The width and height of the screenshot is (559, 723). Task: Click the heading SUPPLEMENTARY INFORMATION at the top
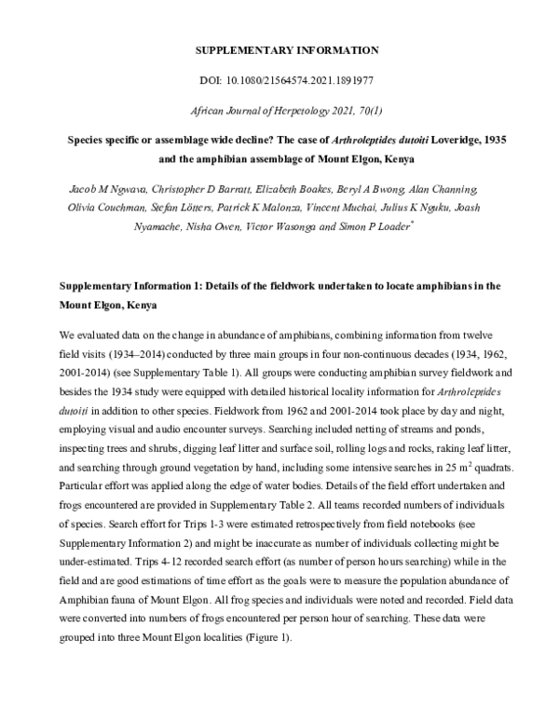point(279,48)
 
